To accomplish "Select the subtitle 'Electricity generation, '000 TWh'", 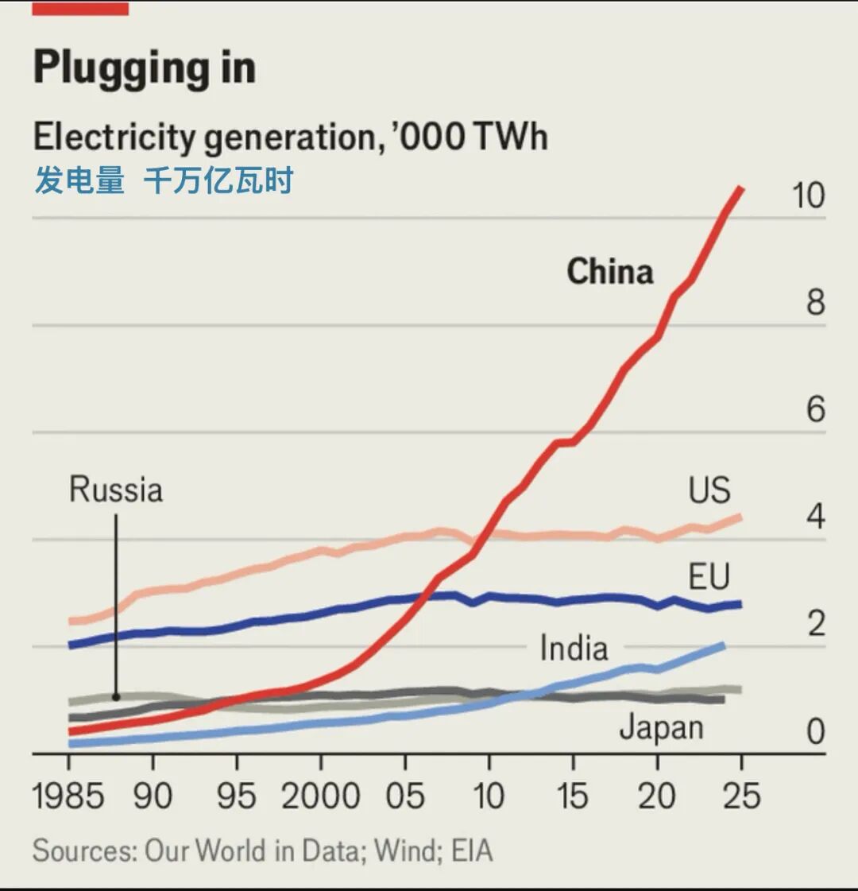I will click(290, 137).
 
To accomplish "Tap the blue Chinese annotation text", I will click(164, 180).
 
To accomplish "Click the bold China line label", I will click(609, 272).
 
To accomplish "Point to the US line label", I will click(709, 490).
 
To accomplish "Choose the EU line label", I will click(709, 576).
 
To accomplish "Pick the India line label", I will click(574, 648).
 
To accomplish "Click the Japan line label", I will click(661, 727).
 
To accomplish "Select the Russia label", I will click(116, 490).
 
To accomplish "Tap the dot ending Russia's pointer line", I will click(116, 697).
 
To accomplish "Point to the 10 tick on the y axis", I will click(808, 196).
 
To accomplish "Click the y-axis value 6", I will click(816, 410).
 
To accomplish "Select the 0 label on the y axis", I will click(816, 731).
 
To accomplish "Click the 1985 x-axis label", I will click(68, 796).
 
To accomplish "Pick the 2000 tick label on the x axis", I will click(320, 796).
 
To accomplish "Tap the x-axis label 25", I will click(740, 796).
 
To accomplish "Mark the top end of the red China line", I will click(740, 188).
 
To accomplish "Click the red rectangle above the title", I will click(80, 9).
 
